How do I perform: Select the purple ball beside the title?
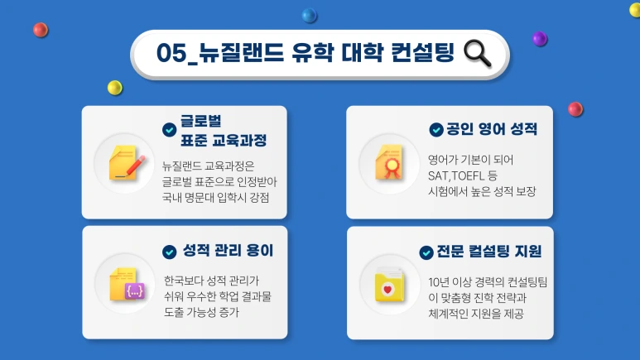coord(539,38)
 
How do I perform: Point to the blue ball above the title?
coord(310,15)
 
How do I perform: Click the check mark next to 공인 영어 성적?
coord(435,130)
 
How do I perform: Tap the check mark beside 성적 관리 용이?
coord(170,251)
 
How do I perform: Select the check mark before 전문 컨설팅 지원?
coord(426,252)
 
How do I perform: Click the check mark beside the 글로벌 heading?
coord(170,130)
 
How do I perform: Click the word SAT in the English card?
coord(439,175)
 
